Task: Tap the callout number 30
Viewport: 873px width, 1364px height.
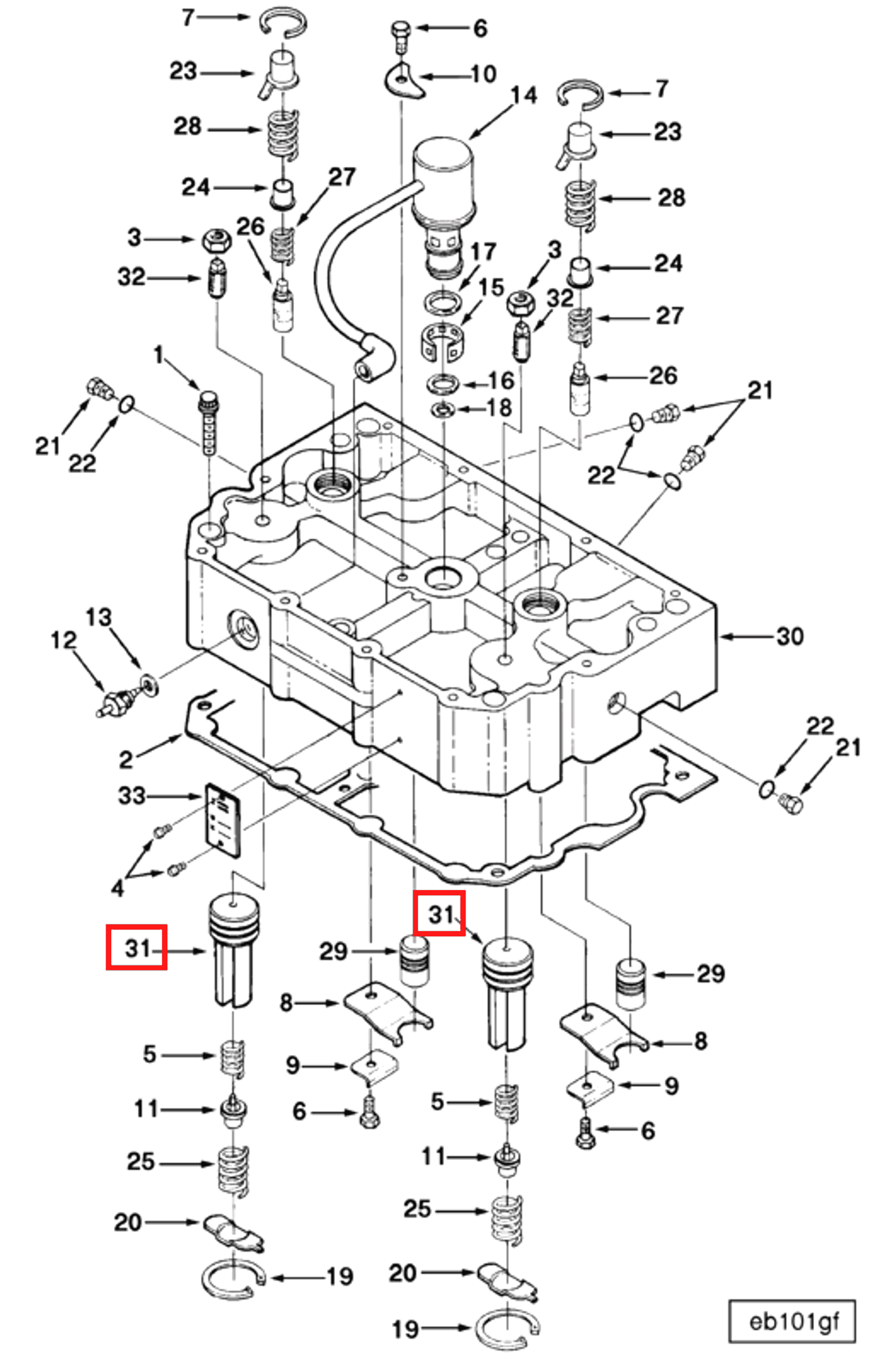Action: tap(790, 637)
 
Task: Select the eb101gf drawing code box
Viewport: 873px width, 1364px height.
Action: tap(792, 1322)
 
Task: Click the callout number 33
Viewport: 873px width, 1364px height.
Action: tap(131, 796)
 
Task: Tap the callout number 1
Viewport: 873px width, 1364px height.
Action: tap(158, 355)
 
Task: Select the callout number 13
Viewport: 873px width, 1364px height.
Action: tap(99, 617)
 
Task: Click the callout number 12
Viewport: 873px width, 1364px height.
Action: tap(63, 640)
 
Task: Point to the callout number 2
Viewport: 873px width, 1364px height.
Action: tap(126, 759)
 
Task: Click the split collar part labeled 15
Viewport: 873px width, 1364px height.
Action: tap(442, 340)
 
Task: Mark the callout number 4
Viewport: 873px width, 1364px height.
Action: tap(117, 889)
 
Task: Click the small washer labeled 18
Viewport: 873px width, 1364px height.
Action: tap(442, 408)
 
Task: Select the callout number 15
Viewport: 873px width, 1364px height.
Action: tap(491, 287)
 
